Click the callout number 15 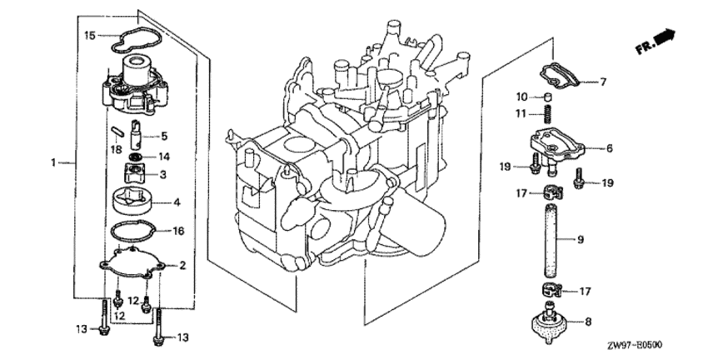(90, 35)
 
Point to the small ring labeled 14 (135, 157)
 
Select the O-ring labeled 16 (135, 232)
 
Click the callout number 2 (182, 265)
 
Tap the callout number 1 (53, 162)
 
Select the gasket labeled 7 (561, 77)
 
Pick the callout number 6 (610, 148)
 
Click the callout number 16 (178, 232)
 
